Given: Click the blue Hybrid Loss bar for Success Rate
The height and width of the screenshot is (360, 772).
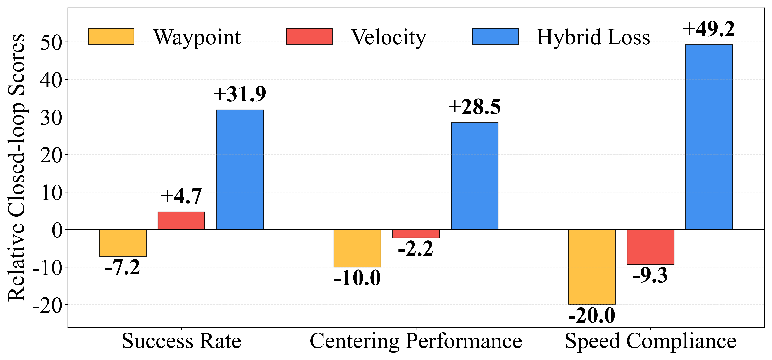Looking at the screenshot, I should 240,170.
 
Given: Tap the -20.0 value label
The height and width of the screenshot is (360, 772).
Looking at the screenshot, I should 592,315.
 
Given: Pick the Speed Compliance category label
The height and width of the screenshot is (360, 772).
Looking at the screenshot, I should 650,341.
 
